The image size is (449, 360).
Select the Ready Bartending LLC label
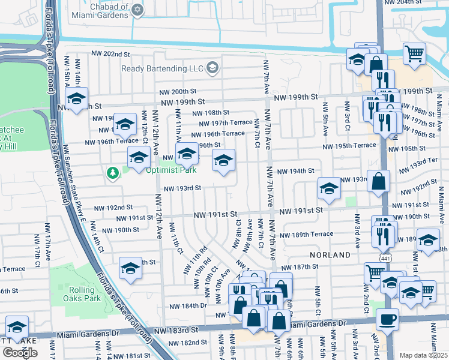[162, 68]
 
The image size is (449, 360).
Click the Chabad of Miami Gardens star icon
[138, 10]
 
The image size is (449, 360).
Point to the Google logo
[20, 352]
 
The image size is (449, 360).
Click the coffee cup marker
[387, 320]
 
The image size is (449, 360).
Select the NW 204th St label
[414, 2]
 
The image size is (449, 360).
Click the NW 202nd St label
[111, 54]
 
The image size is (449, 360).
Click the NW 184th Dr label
[190, 305]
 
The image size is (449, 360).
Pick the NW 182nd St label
[187, 343]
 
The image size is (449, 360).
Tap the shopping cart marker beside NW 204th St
[414, 54]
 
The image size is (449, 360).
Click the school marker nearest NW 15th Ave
[76, 99]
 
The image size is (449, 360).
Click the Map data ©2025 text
[423, 355]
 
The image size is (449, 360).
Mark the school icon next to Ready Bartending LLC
[212, 68]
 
